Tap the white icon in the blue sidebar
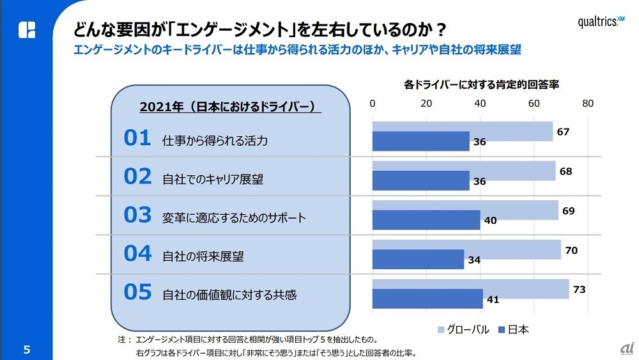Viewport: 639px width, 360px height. pyautogui.click(x=27, y=29)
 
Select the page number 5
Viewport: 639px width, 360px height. pyautogui.click(x=26, y=349)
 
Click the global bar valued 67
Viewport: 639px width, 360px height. pyautogui.click(x=463, y=132)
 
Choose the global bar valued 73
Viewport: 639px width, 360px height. pyautogui.click(x=470, y=289)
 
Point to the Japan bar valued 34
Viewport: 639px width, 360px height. pyautogui.click(x=418, y=259)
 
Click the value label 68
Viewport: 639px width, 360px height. pyautogui.click(x=565, y=171)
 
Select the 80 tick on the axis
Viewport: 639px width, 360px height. pyautogui.click(x=587, y=104)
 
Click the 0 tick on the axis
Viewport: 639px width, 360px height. pyautogui.click(x=373, y=104)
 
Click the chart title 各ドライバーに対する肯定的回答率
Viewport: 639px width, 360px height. pyautogui.click(x=482, y=84)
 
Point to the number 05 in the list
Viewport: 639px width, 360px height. pyautogui.click(x=137, y=292)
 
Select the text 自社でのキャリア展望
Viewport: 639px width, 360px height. pyautogui.click(x=213, y=179)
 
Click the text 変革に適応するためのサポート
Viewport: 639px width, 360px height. pyautogui.click(x=234, y=218)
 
